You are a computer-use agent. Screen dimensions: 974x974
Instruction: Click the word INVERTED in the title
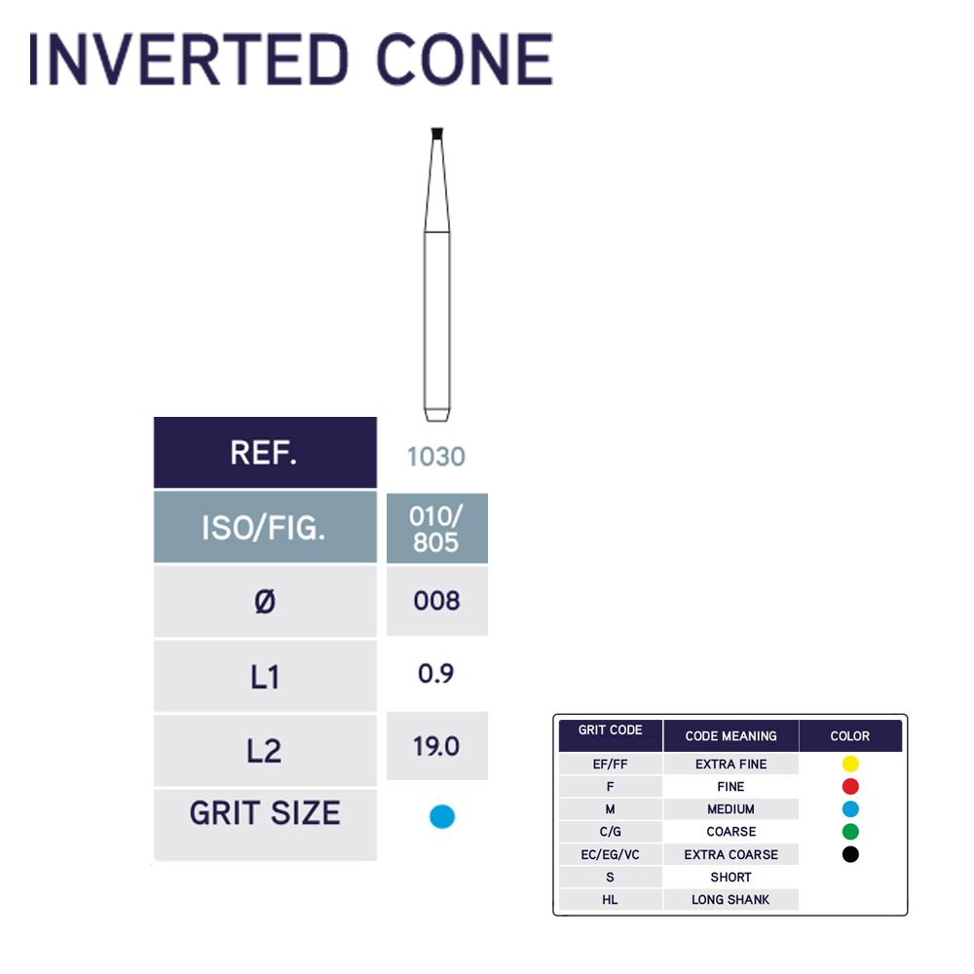tap(189, 59)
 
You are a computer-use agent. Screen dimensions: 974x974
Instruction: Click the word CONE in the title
tap(465, 59)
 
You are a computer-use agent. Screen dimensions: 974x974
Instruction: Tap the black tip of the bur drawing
tap(436, 133)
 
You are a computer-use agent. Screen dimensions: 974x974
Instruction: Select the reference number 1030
tap(436, 457)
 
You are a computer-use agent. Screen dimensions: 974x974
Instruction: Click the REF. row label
tap(265, 452)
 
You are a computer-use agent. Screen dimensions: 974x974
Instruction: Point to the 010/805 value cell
tap(436, 529)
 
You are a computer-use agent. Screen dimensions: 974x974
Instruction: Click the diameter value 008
tap(436, 601)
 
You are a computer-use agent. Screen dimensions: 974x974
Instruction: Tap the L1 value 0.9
tap(436, 673)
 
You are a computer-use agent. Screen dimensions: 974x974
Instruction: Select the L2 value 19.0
tap(436, 746)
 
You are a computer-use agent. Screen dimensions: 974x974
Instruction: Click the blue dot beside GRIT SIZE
tap(442, 816)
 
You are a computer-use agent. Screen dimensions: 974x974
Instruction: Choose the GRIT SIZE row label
tap(265, 813)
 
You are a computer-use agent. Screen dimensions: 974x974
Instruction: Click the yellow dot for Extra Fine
tap(850, 764)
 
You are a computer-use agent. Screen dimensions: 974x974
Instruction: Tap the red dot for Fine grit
tap(850, 786)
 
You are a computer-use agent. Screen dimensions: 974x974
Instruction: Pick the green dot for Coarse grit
tap(850, 832)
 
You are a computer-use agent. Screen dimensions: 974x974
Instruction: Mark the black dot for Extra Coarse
tap(850, 854)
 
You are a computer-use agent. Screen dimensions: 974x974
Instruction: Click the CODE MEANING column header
tap(731, 736)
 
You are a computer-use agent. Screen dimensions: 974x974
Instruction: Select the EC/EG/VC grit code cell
tap(610, 855)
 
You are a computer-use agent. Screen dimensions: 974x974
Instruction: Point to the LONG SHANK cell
tap(730, 899)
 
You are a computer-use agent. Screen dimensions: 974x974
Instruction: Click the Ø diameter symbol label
tap(265, 602)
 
